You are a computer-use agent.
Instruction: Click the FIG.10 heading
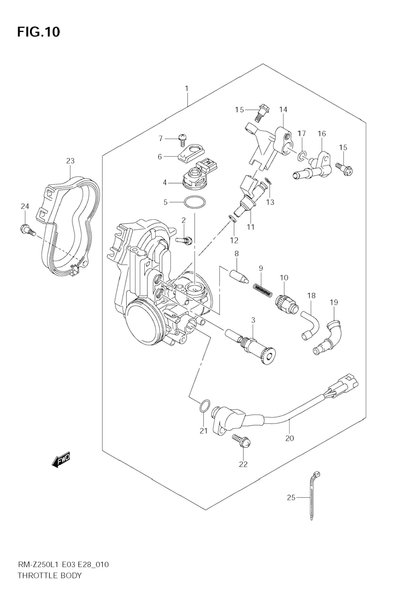click(39, 32)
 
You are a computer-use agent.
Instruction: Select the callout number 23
click(70, 161)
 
